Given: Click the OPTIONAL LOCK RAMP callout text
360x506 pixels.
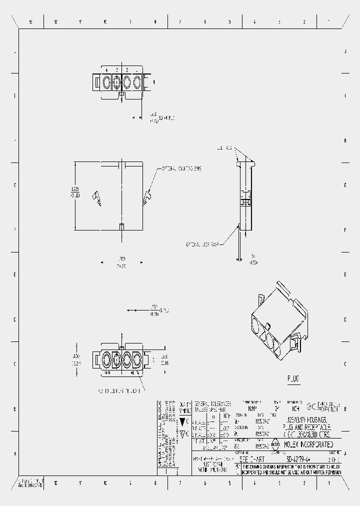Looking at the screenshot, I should (x=202, y=244).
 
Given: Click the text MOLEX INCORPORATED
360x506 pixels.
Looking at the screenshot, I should (x=308, y=444).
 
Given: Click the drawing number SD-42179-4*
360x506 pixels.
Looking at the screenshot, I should (x=300, y=458).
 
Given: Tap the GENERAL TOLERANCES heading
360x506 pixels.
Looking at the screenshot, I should (x=212, y=403).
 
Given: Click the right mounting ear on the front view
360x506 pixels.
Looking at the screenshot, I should (x=146, y=198).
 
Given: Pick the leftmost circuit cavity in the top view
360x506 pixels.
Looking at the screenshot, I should (x=106, y=82).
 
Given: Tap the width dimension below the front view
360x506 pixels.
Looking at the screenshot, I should (x=121, y=262).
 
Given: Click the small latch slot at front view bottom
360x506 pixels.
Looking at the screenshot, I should (x=121, y=227).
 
